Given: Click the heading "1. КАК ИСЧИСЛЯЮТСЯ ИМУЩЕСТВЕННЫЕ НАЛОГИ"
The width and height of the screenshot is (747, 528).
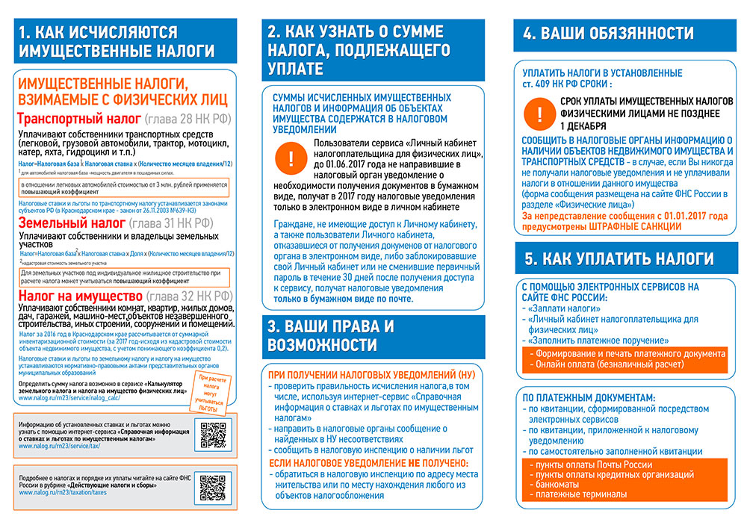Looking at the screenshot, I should pos(118,41).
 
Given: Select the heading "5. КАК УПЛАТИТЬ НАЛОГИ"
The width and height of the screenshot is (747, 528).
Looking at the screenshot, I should pos(619,259).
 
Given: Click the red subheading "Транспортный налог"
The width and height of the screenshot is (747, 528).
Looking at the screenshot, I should pos(78,119).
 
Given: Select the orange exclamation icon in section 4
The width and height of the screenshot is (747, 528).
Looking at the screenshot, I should pos(539,114).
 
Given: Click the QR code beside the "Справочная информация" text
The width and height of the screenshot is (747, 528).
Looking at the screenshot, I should pos(214,435).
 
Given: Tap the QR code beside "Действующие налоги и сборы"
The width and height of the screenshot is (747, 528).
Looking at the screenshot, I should pos(214,487).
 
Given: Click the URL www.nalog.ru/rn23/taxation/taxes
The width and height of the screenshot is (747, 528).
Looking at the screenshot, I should pos(63,493).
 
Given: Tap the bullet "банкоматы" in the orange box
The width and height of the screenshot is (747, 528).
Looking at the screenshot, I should pos(557,484).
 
